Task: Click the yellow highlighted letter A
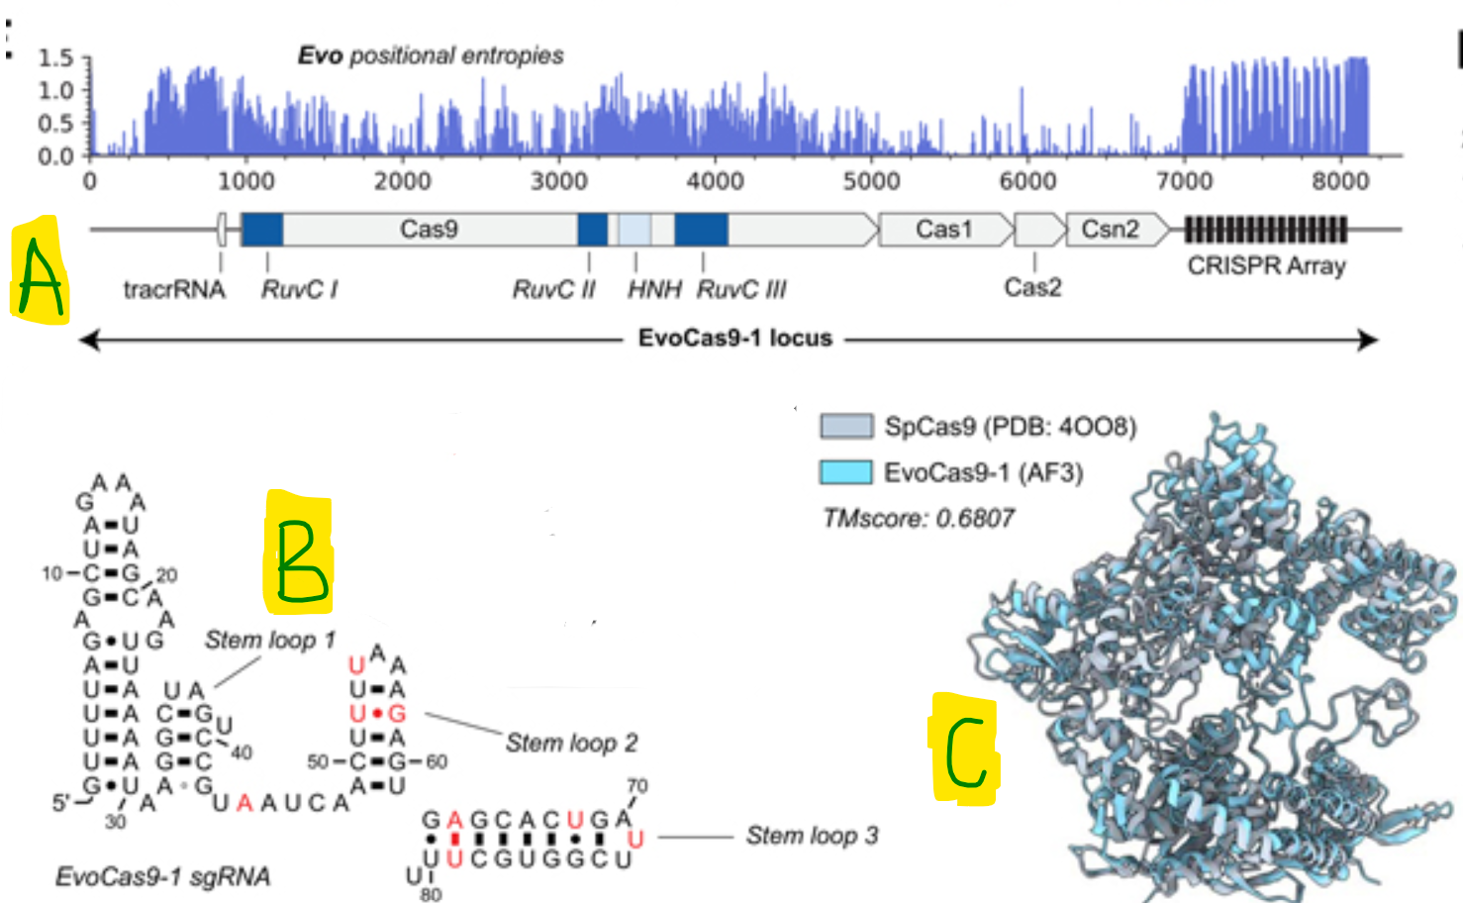click(x=40, y=270)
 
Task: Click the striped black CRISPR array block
click(x=1265, y=230)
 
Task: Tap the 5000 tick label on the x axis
click(x=871, y=181)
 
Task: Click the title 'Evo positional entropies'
click(x=431, y=55)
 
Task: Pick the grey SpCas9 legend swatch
click(x=846, y=427)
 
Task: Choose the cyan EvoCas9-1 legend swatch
click(x=846, y=472)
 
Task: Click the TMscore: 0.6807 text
click(x=918, y=518)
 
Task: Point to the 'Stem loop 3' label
click(x=812, y=836)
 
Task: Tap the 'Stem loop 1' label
click(x=269, y=641)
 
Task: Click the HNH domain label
click(x=654, y=289)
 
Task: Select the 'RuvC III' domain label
click(x=741, y=289)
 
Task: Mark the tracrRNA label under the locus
click(x=174, y=289)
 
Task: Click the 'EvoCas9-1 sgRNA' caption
click(x=163, y=876)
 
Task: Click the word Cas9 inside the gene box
click(x=429, y=230)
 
